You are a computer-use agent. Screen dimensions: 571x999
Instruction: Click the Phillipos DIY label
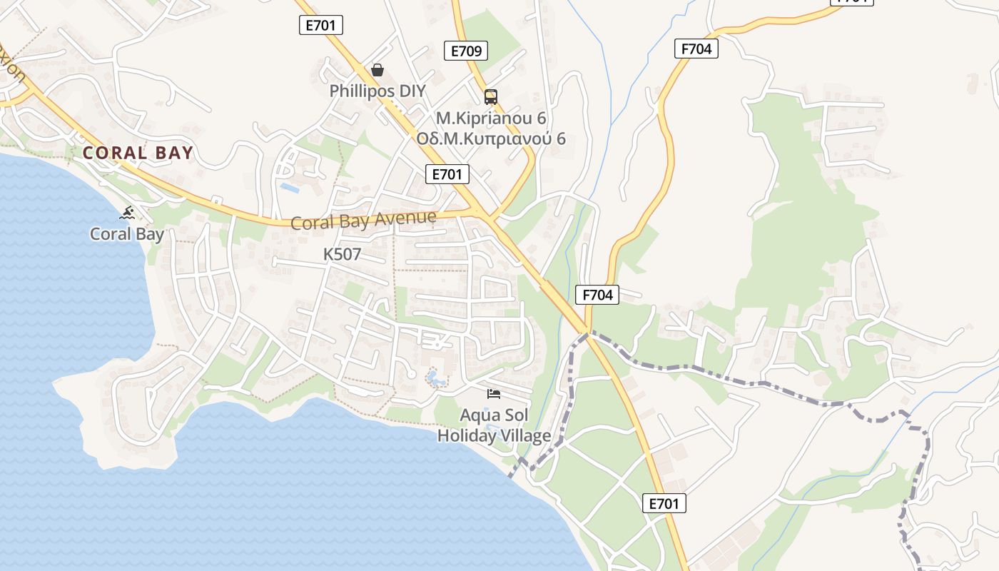coord(377,91)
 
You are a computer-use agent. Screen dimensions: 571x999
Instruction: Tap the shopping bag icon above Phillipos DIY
coord(377,70)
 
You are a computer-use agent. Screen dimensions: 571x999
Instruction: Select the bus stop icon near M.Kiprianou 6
coord(491,97)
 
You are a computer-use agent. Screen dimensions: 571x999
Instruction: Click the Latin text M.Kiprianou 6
coord(491,118)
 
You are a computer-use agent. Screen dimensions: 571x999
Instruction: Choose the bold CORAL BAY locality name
coord(138,153)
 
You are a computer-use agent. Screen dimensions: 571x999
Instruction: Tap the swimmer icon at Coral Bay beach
coord(128,213)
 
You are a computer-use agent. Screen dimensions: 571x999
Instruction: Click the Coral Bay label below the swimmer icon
coord(127,234)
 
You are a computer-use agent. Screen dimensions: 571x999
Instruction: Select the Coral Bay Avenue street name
coord(363,220)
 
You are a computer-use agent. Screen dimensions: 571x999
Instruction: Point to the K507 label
coord(343,254)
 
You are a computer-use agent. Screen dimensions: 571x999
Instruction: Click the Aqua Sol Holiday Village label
coord(494,425)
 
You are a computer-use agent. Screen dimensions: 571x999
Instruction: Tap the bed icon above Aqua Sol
coord(494,394)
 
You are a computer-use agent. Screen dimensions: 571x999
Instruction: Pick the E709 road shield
coord(467,51)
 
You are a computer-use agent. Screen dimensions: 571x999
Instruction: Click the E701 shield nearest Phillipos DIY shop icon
coord(321,26)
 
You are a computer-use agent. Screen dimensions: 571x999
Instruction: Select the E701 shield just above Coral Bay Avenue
coord(447,174)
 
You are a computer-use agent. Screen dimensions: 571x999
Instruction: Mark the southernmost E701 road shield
coord(664,503)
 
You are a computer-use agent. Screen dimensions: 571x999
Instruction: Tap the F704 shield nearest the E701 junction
coord(597,294)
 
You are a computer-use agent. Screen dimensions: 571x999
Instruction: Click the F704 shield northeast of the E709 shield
coord(696,49)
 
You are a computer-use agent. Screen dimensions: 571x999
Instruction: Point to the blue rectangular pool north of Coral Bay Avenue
coord(290,188)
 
